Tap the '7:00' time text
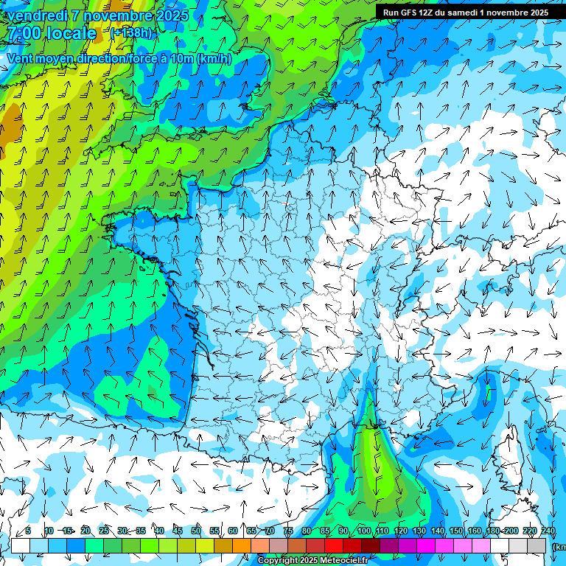(x=24, y=33)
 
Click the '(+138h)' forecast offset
(x=131, y=33)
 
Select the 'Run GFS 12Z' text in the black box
(x=408, y=13)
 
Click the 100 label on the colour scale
(x=363, y=531)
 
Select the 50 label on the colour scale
(x=196, y=531)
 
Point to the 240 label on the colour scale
(x=548, y=531)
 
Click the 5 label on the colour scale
(x=28, y=531)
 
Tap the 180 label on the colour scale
(x=493, y=531)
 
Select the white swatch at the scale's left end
(x=21, y=546)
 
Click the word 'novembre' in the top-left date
(x=119, y=15)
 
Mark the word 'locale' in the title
(x=71, y=33)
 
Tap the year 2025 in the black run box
(x=536, y=13)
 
